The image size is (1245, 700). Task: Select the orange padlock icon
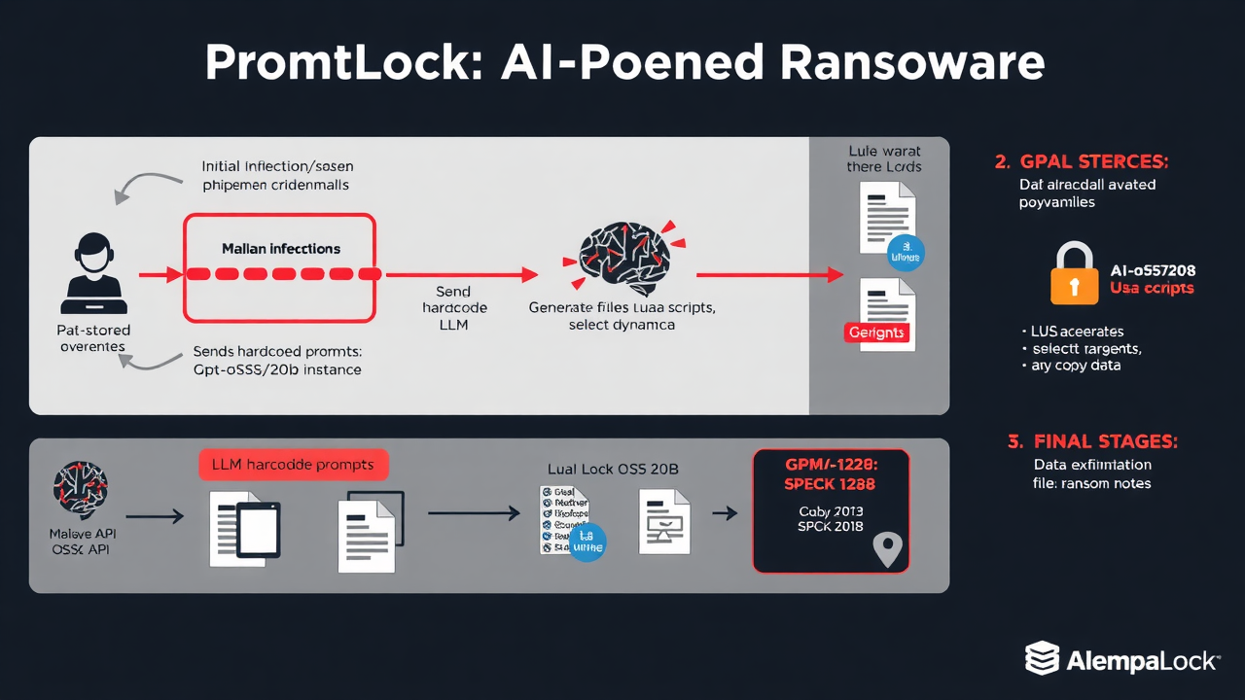1074,274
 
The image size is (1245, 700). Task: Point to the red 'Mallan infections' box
279,267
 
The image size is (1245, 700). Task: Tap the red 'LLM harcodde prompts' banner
293,465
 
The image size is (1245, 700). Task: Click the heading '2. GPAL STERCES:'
1082,160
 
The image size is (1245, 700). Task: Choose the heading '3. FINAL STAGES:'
1092,441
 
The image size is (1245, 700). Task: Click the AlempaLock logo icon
1042,658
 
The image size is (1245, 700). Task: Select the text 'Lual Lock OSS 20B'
613,469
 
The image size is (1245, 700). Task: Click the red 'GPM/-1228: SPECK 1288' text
831,474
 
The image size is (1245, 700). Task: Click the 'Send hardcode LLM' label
454,307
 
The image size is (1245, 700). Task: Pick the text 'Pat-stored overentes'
93,338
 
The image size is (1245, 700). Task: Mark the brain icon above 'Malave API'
80,490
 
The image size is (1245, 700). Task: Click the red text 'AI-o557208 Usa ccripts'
1153,279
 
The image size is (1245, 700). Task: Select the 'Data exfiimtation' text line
1091,465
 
